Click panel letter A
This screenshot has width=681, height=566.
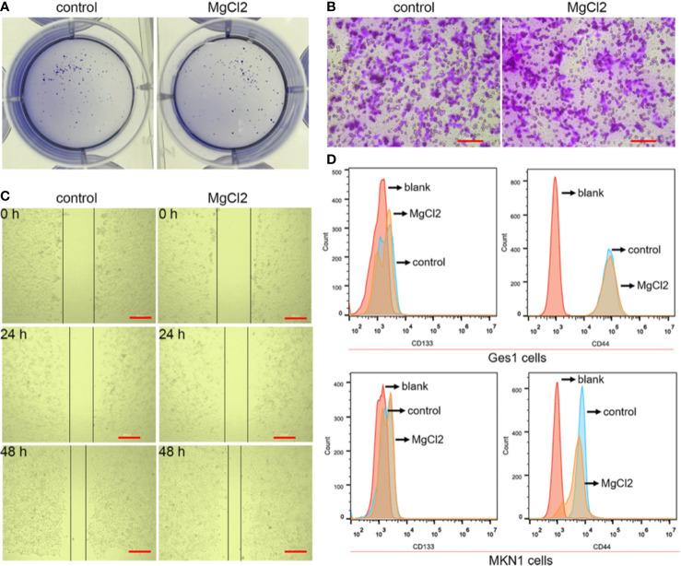[x=6, y=8]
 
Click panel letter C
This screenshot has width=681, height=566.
[x=6, y=195]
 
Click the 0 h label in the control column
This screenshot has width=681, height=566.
[x=15, y=218]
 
